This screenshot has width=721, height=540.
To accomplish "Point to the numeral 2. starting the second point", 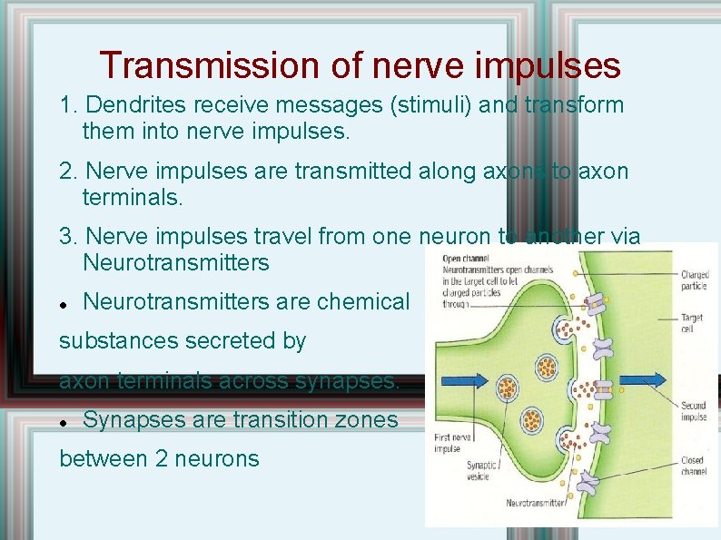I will tap(68, 172).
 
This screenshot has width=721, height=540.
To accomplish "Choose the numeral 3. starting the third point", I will tap(68, 238).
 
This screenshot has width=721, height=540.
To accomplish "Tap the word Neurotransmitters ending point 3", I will tap(175, 263).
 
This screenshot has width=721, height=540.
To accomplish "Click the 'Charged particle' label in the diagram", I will tap(695, 280).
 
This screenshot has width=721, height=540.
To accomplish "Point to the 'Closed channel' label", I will tap(693, 467).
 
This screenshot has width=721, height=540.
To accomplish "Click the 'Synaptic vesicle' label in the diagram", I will tap(482, 471).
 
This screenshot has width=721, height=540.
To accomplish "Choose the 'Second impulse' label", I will tap(694, 412).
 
